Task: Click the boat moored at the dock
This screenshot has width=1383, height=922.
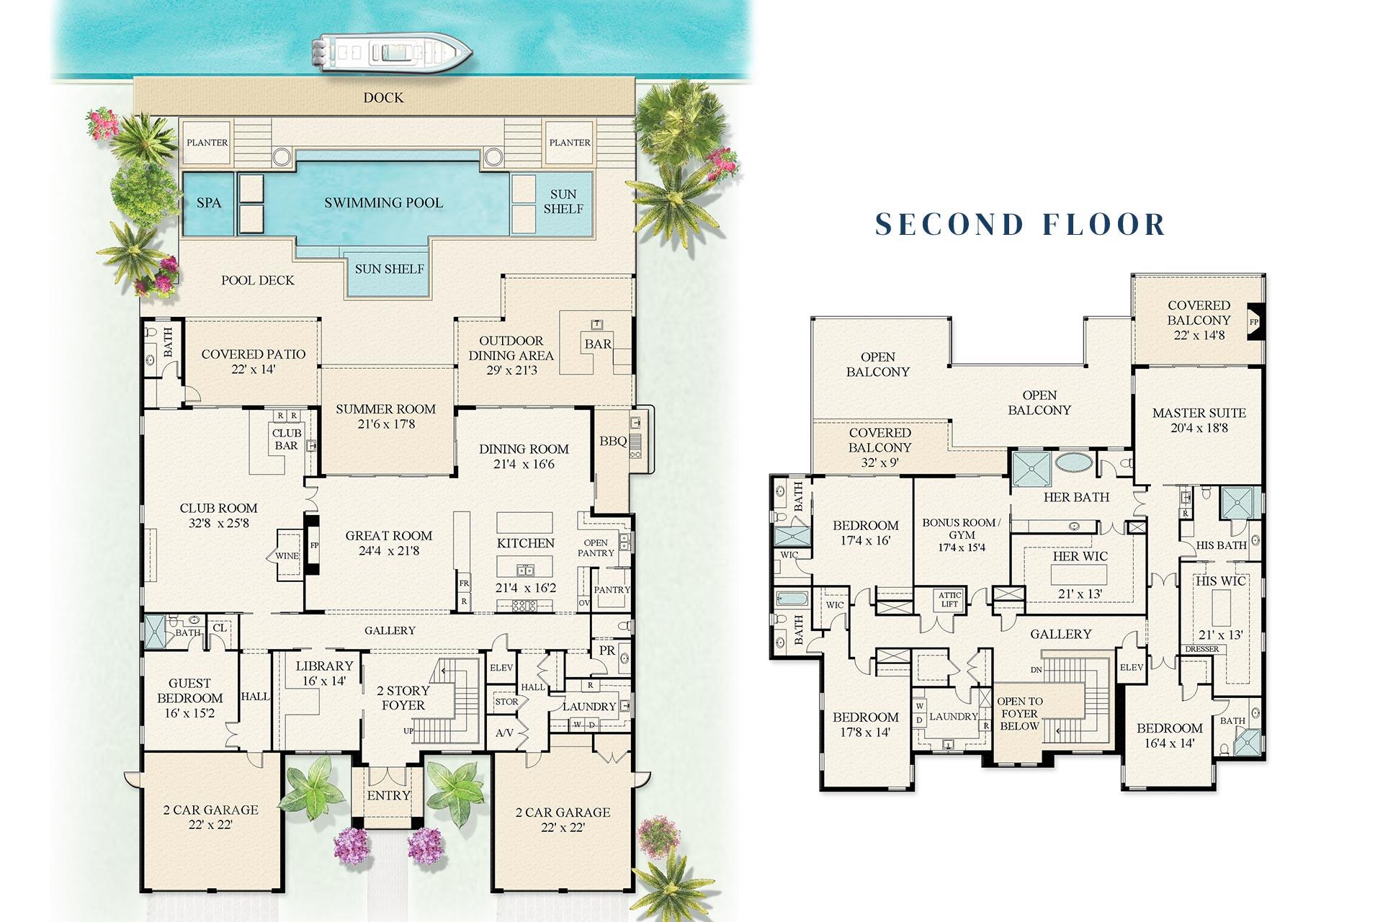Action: point(391,53)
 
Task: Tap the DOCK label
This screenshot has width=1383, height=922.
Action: point(383,97)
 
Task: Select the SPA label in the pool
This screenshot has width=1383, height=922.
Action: point(209,203)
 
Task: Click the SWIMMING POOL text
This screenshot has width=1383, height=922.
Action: point(383,203)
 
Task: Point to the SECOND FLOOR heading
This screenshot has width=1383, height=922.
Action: point(1020,224)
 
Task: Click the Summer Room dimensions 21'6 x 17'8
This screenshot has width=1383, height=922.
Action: point(385,424)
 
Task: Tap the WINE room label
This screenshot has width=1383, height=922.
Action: point(287,556)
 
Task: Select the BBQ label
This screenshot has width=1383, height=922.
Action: point(613,441)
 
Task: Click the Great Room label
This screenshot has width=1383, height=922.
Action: point(388,536)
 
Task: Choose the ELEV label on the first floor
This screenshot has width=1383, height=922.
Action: point(501,668)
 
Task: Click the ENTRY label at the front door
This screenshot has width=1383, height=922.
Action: point(388,795)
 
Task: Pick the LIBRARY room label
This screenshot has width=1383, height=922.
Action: point(324,666)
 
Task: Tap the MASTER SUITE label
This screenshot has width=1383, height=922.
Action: point(1199,413)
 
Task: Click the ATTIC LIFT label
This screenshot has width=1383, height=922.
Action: point(949,599)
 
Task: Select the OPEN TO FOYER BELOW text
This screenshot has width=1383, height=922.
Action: point(1019,713)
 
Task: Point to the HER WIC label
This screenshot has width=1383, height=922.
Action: point(1080,556)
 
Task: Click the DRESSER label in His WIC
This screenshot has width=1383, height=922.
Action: point(1201,649)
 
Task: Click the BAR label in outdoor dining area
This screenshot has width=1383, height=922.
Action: point(598,344)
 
